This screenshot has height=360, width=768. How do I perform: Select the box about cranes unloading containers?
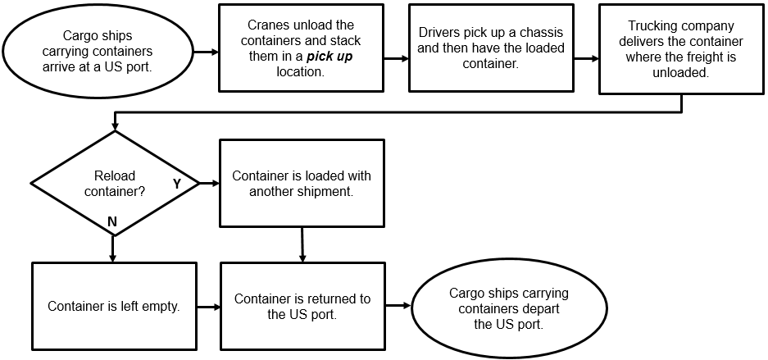[301, 48]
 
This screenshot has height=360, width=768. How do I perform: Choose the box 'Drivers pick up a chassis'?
[491, 48]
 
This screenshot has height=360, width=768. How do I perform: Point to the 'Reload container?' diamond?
[115, 182]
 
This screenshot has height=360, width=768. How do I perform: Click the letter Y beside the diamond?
[176, 184]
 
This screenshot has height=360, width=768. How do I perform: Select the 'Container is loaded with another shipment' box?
[302, 183]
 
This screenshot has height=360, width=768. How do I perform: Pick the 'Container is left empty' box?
[114, 306]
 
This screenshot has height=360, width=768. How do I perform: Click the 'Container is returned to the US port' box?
[302, 306]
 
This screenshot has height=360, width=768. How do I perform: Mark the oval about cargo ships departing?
[508, 308]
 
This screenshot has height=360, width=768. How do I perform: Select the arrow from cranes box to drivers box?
[396, 58]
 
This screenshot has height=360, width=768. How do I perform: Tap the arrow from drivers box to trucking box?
[586, 58]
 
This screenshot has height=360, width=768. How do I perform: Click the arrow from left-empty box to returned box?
[208, 308]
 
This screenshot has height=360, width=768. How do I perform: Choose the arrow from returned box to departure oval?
[398, 306]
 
